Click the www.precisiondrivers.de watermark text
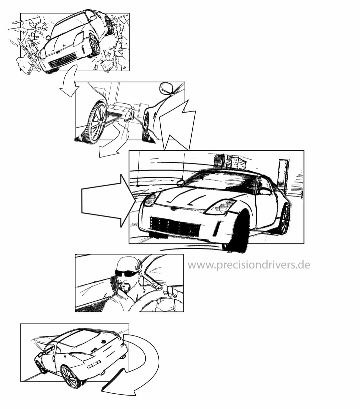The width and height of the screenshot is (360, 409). tap(249, 265)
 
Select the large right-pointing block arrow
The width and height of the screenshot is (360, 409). tap(109, 201)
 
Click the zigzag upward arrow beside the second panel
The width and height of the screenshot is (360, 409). tap(177, 126)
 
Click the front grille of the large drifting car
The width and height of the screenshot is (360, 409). tap(175, 227)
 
